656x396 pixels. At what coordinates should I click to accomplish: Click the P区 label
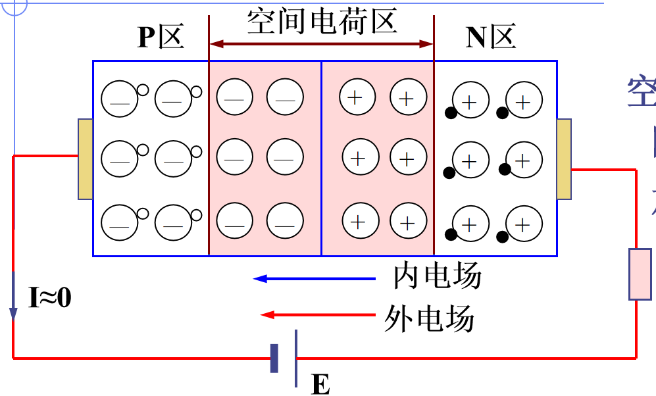160,38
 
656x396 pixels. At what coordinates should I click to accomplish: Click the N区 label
490,38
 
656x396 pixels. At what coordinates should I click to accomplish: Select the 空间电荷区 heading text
322,22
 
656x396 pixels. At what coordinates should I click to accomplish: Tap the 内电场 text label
437,276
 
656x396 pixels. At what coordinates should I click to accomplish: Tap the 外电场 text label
428,320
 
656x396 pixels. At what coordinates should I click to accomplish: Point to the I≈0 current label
50,298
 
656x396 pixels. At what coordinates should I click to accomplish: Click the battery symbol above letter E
285,358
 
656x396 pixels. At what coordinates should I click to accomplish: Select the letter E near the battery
320,384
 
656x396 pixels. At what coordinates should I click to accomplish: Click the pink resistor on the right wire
640,274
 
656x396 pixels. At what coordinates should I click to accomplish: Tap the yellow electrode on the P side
86,159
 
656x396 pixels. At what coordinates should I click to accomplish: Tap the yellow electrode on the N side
564,159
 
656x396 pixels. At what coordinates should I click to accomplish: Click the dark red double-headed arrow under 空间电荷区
321,44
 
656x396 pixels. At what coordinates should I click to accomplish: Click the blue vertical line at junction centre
321,158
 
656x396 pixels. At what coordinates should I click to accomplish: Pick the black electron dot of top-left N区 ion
451,112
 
